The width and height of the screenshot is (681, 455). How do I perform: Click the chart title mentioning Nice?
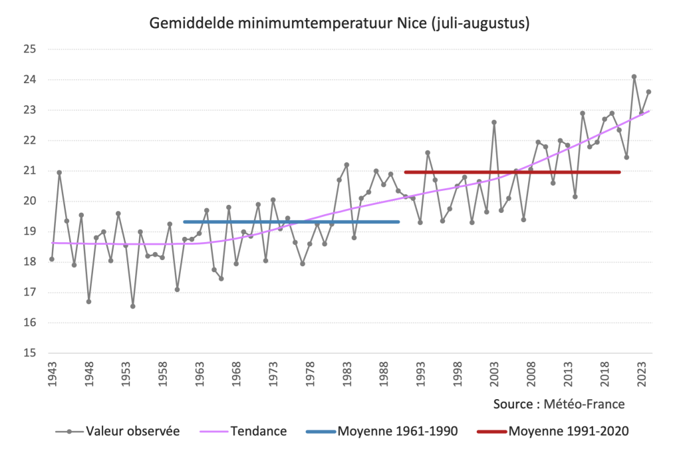[340, 25]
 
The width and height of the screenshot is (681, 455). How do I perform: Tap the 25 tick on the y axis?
[29, 49]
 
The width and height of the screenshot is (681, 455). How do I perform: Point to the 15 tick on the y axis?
[29, 353]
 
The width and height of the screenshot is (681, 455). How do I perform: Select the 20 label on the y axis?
[29, 202]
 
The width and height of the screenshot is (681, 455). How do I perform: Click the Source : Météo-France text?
[559, 404]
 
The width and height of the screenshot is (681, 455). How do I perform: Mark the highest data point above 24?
[634, 76]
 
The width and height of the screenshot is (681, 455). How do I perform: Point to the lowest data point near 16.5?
[133, 306]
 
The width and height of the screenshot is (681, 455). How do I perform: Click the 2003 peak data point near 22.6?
[494, 122]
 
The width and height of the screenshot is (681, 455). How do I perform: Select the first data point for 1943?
[52, 259]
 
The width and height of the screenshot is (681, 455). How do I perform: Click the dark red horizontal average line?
[512, 172]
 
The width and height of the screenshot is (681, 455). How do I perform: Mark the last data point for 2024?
[648, 92]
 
